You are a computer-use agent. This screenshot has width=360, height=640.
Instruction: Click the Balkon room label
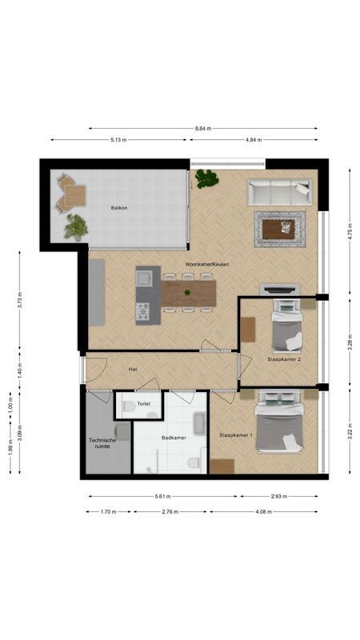(x=119, y=208)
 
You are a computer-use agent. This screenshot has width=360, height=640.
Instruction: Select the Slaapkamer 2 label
(x=284, y=360)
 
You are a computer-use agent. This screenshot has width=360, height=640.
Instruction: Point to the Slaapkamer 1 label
(x=236, y=435)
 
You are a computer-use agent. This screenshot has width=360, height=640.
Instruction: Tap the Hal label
(x=134, y=370)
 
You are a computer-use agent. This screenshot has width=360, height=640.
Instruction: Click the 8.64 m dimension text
(x=203, y=128)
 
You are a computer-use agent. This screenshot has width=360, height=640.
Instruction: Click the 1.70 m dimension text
(x=107, y=511)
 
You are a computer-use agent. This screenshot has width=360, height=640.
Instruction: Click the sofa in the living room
(x=278, y=192)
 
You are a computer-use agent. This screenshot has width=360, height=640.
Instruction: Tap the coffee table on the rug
(x=278, y=230)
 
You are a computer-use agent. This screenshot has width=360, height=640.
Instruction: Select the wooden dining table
(x=189, y=292)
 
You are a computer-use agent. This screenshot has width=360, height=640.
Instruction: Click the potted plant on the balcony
(x=77, y=227)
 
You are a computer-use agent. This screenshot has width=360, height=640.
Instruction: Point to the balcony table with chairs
(x=72, y=194)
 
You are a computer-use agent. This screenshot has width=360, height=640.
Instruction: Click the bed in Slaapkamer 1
(x=279, y=428)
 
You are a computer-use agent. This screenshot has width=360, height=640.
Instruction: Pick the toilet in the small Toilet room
(x=128, y=406)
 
